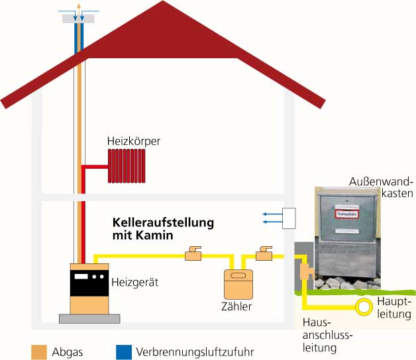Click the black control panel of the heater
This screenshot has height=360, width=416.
point(89,277)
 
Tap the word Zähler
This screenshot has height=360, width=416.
point(236,306)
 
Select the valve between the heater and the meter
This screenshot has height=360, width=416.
point(193,254)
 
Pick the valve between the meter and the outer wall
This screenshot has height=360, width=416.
point(265,254)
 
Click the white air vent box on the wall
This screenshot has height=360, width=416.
point(288,218)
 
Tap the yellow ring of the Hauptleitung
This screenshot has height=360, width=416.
point(364,306)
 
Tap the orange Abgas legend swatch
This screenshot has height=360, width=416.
point(40,351)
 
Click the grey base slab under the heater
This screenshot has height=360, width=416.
point(89,318)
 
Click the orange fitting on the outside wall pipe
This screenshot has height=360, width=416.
point(305,271)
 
